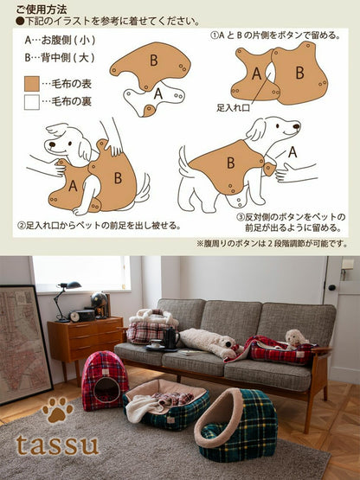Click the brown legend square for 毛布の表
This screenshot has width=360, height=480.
31,84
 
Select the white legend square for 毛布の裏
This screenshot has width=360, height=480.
31,102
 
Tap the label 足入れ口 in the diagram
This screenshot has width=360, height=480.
234,109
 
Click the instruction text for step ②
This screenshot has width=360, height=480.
99,226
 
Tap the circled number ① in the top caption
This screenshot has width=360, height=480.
215,36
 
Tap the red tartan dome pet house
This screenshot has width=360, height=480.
105,380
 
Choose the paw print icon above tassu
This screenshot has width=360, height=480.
57,410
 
